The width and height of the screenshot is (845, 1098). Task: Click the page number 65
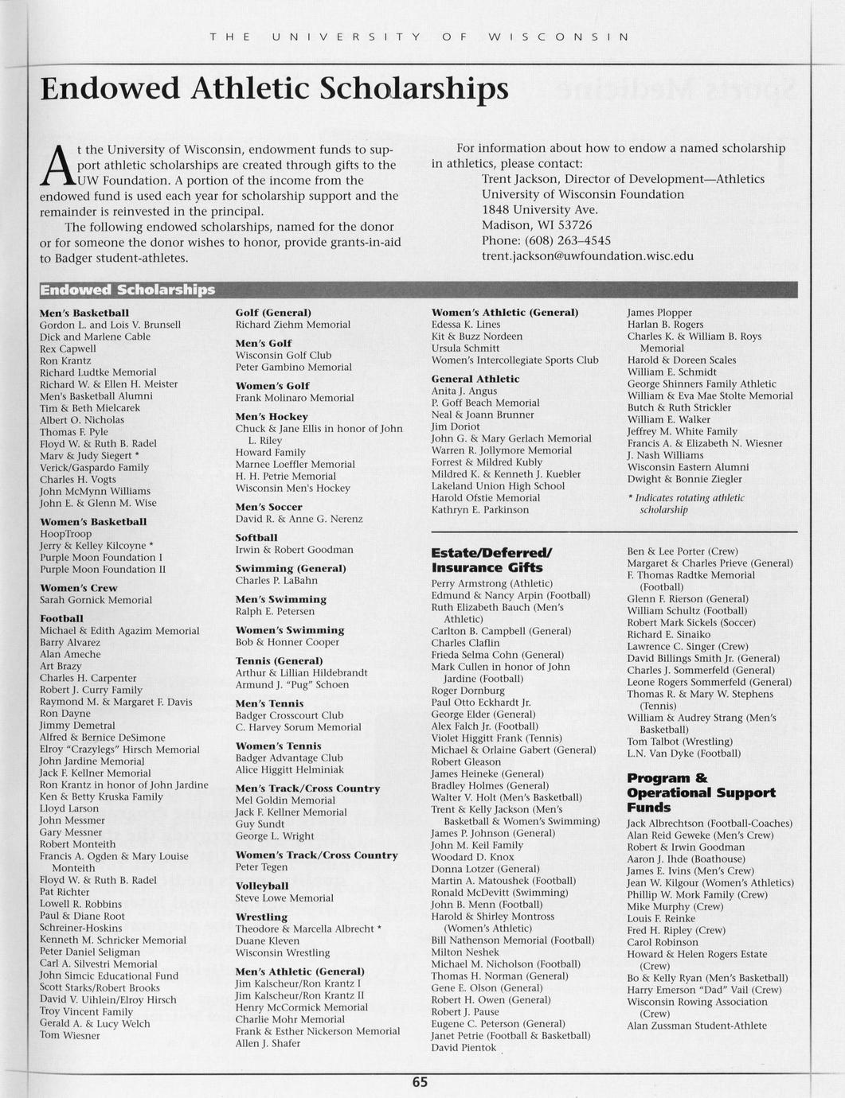click(x=420, y=1082)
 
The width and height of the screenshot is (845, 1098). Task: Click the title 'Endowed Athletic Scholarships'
click(x=274, y=88)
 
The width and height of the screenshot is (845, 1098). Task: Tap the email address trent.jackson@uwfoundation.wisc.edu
click(x=587, y=256)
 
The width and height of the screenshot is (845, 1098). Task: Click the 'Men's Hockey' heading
click(x=272, y=416)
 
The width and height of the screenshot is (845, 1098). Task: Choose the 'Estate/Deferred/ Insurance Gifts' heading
click(x=491, y=560)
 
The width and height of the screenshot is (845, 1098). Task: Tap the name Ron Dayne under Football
click(x=65, y=714)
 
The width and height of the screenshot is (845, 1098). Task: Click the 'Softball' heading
click(x=256, y=538)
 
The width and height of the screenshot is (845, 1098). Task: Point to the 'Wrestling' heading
click(x=261, y=917)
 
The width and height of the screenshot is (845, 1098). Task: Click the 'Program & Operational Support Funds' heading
click(x=701, y=792)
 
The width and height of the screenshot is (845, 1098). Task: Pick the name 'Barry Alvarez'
click(x=70, y=642)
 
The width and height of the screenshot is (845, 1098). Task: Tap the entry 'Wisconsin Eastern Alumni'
click(x=688, y=467)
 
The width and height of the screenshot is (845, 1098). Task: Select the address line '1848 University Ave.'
click(x=540, y=209)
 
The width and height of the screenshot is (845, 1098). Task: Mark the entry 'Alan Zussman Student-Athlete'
click(x=697, y=1026)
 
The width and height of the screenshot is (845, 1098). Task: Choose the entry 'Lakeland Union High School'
click(x=498, y=486)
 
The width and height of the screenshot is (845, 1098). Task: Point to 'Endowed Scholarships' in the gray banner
click(x=127, y=290)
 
